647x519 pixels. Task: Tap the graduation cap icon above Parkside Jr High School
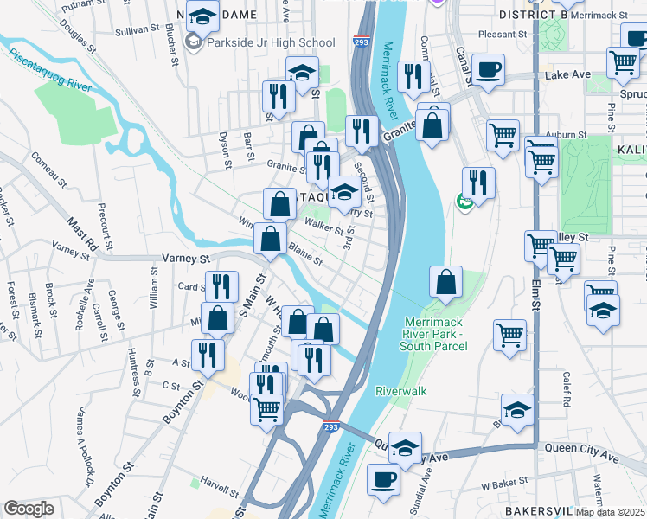click(x=202, y=17)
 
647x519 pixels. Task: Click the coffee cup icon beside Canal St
click(x=488, y=69)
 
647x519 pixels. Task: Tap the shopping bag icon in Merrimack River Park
click(x=445, y=282)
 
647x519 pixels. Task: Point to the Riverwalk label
click(x=400, y=391)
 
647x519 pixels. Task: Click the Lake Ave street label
click(x=562, y=76)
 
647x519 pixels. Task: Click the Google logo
click(x=29, y=508)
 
